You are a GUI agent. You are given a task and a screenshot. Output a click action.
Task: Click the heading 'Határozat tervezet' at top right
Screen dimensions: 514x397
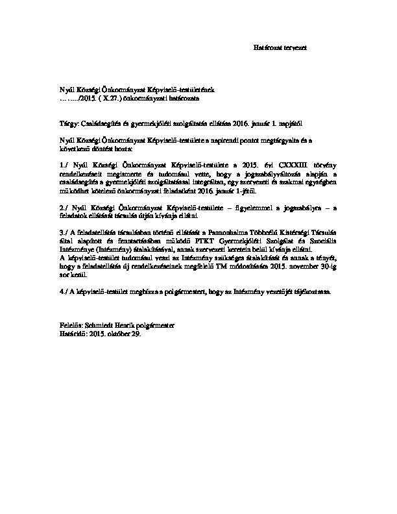279,48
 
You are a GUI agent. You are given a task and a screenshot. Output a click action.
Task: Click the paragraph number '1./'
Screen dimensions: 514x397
63,158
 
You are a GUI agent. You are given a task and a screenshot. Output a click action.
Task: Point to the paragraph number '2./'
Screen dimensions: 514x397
63,204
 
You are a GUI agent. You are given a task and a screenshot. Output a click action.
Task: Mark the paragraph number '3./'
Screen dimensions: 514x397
63,232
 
